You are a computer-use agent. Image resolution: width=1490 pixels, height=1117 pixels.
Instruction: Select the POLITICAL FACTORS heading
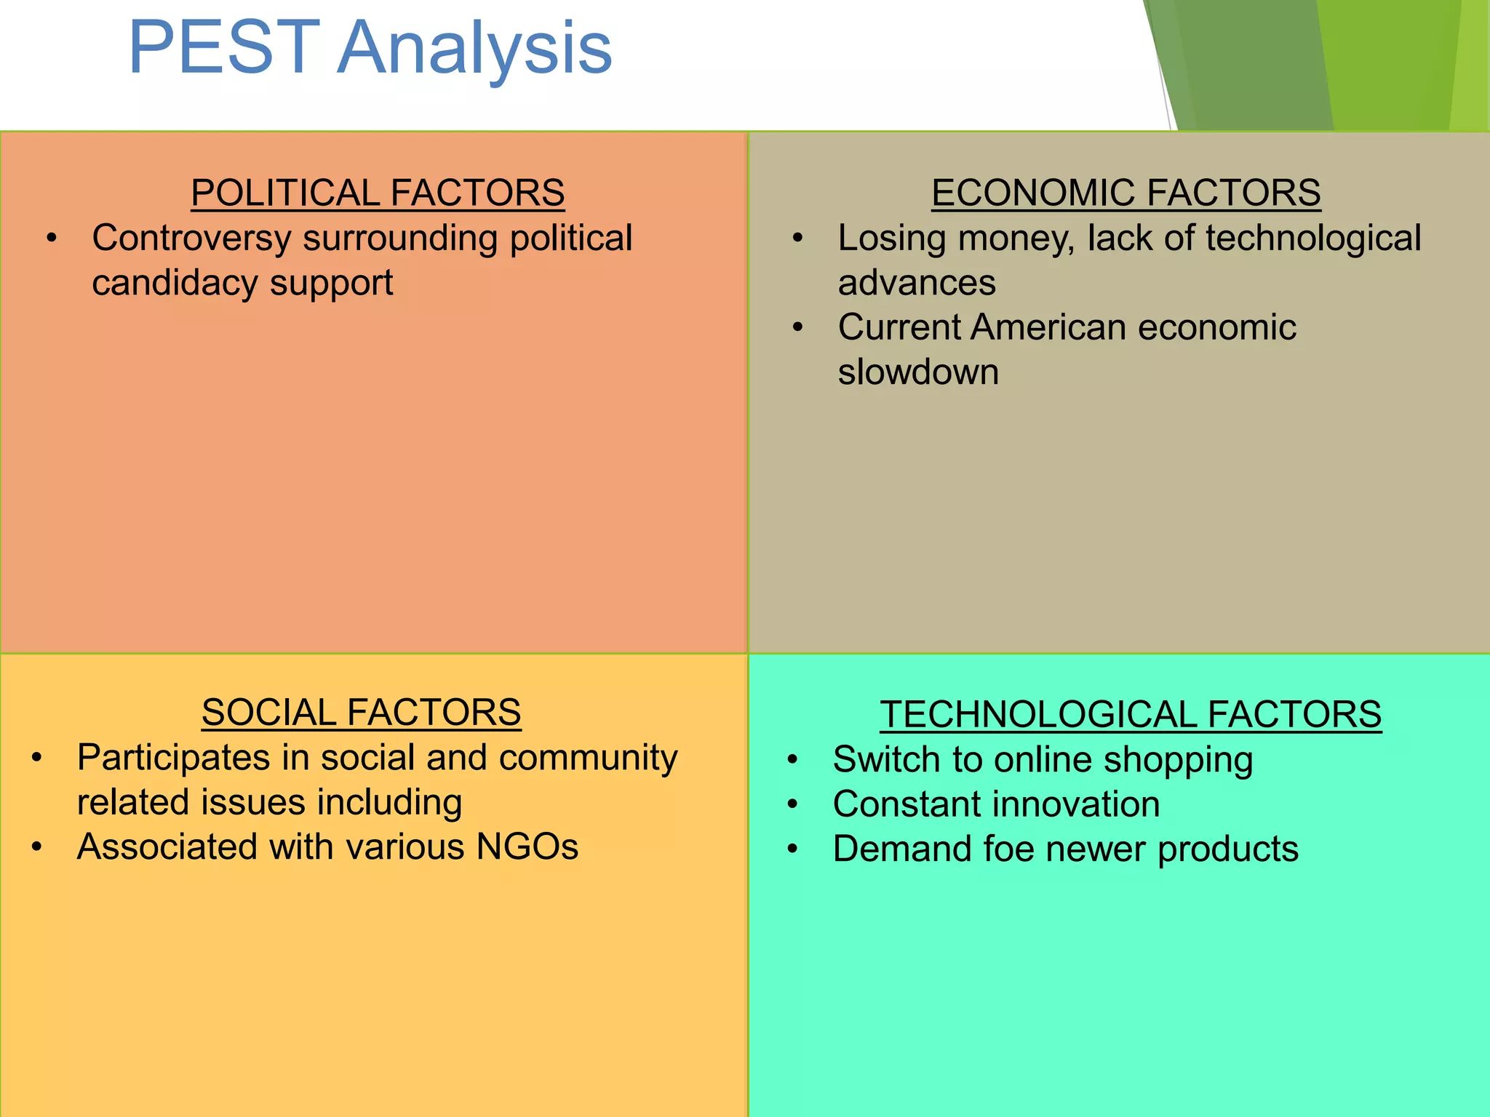tap(378, 193)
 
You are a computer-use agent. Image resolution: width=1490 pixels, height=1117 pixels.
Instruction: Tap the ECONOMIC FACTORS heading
tap(1126, 193)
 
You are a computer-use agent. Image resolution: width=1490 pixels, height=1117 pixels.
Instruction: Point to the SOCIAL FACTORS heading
tap(361, 712)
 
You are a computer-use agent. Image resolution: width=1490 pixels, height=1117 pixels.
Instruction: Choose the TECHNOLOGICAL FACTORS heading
tap(1130, 714)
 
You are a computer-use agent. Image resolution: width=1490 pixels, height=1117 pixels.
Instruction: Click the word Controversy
tap(191, 239)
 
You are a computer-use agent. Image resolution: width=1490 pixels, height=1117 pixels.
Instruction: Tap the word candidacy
tap(174, 283)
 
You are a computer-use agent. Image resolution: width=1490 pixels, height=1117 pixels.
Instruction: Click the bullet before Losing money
tap(797, 239)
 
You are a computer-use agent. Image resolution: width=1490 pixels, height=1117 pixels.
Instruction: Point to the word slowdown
tap(918, 372)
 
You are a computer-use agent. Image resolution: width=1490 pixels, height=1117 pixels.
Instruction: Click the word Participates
tap(173, 758)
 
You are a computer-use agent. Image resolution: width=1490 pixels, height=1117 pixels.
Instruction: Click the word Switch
tap(880, 760)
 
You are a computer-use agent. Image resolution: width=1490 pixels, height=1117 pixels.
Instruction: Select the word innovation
tap(1074, 804)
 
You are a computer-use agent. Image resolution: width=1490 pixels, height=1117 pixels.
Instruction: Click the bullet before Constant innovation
tap(792, 805)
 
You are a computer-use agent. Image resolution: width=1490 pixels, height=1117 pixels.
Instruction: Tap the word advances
tap(916, 283)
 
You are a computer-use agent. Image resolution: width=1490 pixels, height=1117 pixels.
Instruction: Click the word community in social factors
tap(588, 758)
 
